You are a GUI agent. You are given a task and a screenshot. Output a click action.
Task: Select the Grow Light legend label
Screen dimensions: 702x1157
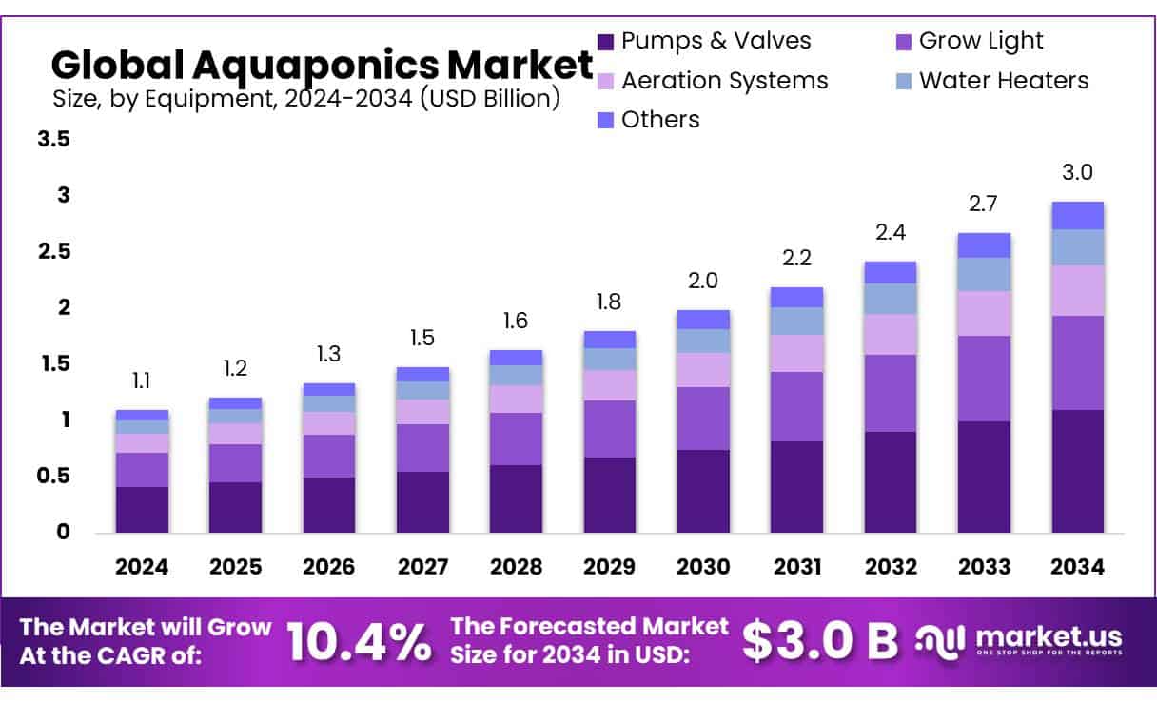point(981,41)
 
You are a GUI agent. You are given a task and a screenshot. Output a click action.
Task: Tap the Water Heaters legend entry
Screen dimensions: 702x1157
point(1004,80)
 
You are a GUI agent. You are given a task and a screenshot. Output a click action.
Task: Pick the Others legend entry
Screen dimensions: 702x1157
point(660,119)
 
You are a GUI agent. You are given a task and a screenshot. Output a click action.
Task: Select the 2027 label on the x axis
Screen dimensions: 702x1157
point(422,567)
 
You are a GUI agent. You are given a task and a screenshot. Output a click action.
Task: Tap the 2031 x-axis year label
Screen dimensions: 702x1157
point(796,567)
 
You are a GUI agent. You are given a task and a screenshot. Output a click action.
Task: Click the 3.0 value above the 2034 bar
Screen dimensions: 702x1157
point(1077,172)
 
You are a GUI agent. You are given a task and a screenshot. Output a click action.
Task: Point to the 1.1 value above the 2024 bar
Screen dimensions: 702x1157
point(142,381)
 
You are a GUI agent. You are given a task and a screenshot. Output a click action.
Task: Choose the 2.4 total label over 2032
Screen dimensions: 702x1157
point(891,233)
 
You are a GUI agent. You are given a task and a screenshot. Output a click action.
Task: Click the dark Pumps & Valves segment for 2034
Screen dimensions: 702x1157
point(1077,471)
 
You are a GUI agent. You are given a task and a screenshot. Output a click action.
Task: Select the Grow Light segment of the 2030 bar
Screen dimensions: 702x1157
point(703,419)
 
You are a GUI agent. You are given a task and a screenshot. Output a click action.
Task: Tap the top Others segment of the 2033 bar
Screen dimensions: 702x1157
point(984,245)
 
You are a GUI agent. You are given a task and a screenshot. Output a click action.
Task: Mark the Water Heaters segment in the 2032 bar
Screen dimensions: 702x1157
point(891,299)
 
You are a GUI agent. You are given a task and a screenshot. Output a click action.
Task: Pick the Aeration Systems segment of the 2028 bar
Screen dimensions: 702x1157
point(516,399)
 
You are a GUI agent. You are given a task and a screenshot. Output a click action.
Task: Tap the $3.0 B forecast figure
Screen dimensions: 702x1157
point(819,642)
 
